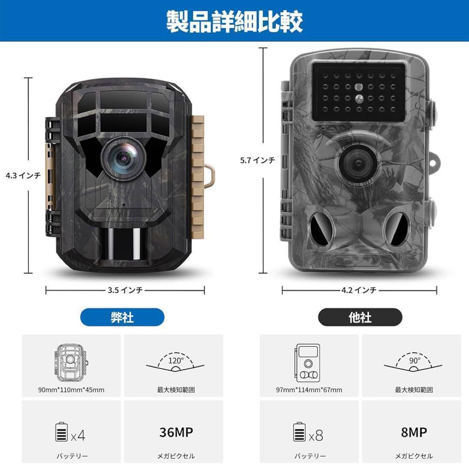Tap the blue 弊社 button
[x=122, y=317]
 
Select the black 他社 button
[x=360, y=317]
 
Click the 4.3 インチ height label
[x=23, y=176]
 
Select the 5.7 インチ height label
[x=258, y=160]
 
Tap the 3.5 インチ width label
[x=125, y=290]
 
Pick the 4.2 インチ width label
[x=359, y=290]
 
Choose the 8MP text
[x=413, y=433]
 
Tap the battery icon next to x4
[x=61, y=432]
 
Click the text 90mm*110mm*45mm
[x=71, y=390]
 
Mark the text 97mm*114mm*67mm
[x=309, y=390]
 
